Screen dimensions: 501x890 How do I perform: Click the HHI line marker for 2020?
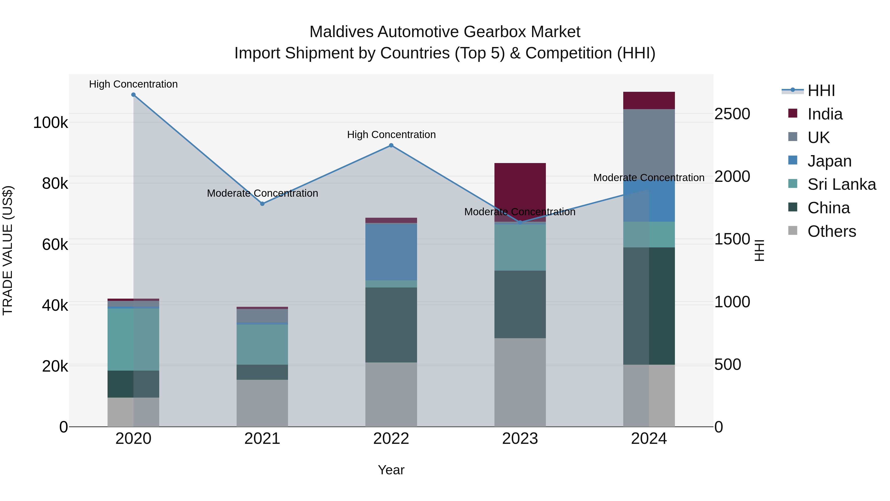click(x=133, y=95)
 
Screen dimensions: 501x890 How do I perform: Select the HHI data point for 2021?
click(x=262, y=204)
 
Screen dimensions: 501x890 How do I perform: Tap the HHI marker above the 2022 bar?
click(x=391, y=145)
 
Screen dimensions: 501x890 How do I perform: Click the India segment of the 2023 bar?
click(x=520, y=192)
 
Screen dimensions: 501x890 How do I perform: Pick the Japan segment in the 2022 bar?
click(x=391, y=252)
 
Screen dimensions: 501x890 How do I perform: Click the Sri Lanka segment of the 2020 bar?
click(x=133, y=339)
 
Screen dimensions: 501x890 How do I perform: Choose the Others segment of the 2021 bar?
click(x=262, y=403)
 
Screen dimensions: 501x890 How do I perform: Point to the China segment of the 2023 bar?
click(x=520, y=304)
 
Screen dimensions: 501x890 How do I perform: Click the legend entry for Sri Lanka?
click(x=842, y=184)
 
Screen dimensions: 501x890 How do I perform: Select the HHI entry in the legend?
click(x=821, y=91)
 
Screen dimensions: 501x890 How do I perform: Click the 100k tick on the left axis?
click(x=50, y=123)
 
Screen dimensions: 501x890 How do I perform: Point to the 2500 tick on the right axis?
click(x=732, y=114)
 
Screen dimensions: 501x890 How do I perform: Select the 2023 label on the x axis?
click(x=520, y=439)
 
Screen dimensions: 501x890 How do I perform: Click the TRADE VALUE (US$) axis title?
click(x=8, y=250)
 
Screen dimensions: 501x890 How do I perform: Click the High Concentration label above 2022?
click(x=391, y=135)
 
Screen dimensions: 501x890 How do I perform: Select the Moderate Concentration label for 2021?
click(x=262, y=193)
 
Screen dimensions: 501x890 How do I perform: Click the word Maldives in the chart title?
click(x=341, y=32)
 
